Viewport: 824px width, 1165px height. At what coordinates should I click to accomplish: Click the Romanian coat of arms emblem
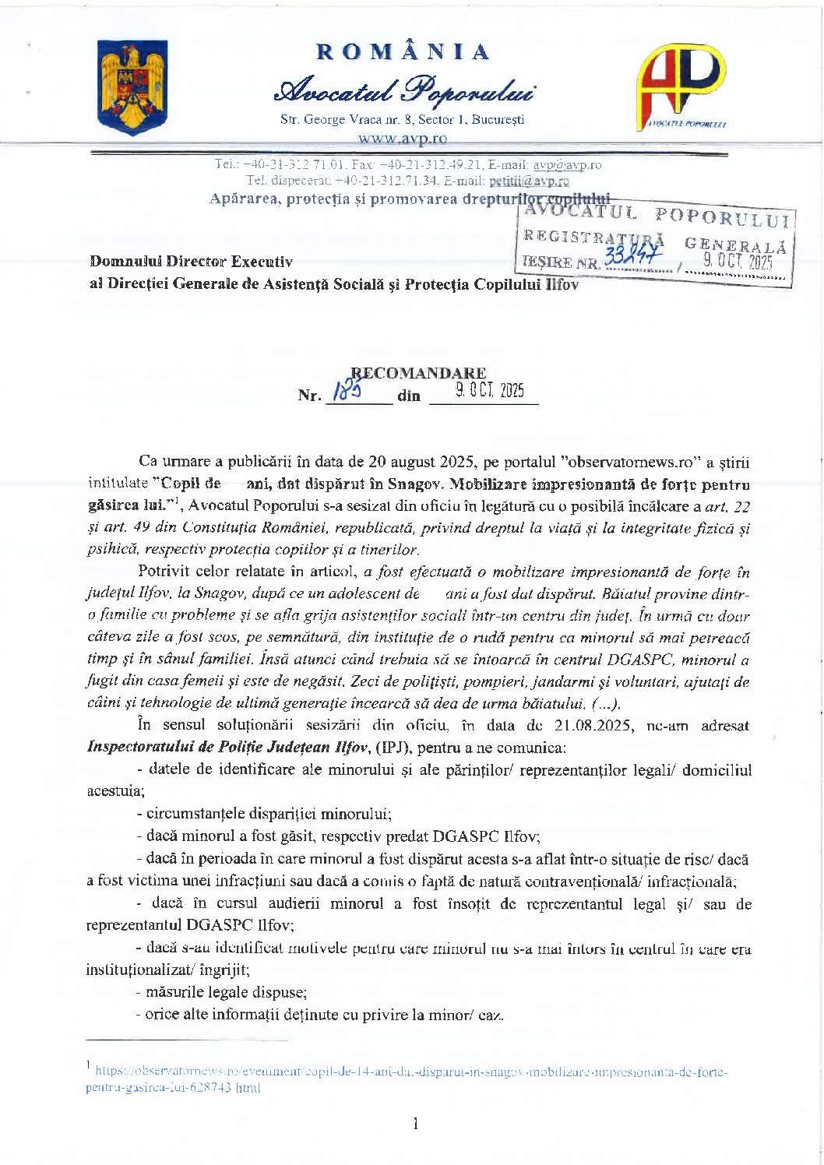pos(132,87)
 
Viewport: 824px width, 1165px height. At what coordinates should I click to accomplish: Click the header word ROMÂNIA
pos(403,52)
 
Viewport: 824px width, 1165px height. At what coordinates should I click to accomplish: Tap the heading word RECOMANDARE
pos(418,373)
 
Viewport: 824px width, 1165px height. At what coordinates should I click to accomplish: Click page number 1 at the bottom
pos(415,1123)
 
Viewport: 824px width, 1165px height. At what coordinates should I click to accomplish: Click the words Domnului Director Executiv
pos(191,262)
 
